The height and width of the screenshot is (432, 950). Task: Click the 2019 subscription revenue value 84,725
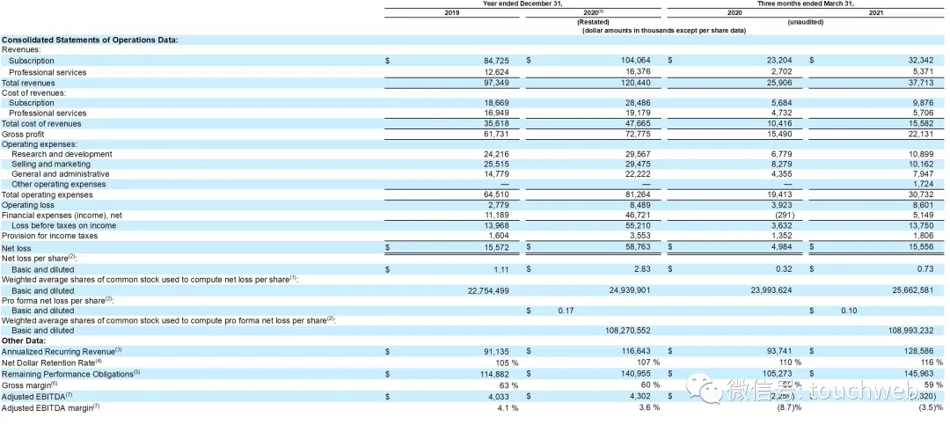coord(493,62)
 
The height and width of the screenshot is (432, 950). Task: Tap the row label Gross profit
coord(22,134)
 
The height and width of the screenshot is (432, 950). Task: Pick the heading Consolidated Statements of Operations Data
coord(90,40)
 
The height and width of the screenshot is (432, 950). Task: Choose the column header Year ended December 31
coord(524,4)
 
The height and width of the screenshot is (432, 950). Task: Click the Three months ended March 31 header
coord(805,4)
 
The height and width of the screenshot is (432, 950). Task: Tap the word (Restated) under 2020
coord(594,22)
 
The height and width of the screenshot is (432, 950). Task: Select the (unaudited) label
coord(805,22)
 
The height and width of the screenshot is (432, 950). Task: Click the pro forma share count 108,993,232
coord(911,331)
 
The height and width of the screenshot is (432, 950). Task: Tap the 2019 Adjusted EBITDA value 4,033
coord(497,397)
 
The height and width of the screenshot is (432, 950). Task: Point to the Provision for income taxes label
coord(50,236)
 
